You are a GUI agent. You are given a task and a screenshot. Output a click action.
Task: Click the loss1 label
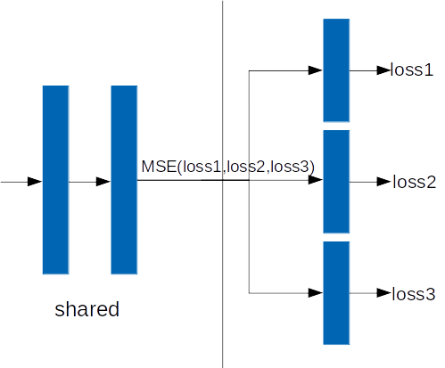(x=412, y=70)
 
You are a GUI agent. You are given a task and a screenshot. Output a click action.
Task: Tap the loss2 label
(x=414, y=182)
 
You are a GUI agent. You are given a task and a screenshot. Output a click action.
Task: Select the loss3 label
(x=414, y=294)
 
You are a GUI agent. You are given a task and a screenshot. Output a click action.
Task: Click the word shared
(x=87, y=309)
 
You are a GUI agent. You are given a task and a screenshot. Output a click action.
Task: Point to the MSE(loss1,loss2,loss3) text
(x=227, y=167)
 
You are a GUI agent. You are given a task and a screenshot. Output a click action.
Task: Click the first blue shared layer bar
(x=56, y=180)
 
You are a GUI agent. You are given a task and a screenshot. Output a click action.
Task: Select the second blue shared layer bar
(x=124, y=180)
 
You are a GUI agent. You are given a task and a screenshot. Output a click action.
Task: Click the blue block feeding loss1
(x=336, y=70)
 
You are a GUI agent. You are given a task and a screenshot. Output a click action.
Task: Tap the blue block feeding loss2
(x=336, y=182)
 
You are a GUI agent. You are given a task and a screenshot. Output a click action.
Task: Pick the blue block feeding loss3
(x=336, y=293)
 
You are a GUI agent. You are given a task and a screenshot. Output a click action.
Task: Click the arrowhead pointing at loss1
(x=383, y=70)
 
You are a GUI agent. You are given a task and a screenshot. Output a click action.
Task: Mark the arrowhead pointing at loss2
(x=383, y=182)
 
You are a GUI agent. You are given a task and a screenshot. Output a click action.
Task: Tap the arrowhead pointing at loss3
(x=383, y=293)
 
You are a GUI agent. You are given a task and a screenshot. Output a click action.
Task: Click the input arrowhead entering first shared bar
(x=35, y=182)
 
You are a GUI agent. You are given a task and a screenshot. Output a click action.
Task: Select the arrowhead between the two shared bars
(x=103, y=182)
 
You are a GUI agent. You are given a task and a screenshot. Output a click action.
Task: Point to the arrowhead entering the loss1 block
(x=316, y=70)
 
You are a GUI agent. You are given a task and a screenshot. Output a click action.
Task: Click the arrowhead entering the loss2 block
(x=316, y=180)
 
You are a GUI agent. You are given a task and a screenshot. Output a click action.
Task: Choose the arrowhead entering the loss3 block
(x=316, y=293)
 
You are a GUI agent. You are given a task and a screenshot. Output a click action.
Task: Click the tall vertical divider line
(x=222, y=184)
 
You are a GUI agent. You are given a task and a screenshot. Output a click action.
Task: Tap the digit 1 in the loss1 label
(x=429, y=70)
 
